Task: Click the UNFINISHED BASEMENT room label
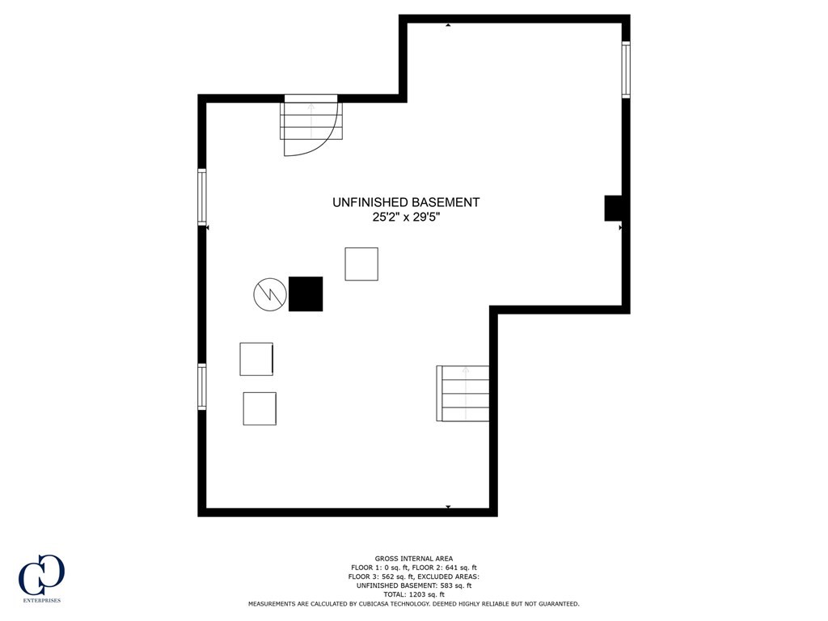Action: (406, 202)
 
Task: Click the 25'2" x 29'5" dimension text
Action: (406, 217)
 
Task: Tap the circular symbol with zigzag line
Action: (270, 294)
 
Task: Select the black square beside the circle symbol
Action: (306, 294)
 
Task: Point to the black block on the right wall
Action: (613, 208)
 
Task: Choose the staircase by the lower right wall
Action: (464, 393)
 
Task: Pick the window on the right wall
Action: (626, 70)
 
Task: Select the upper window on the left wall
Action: (202, 196)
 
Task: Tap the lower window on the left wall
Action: (202, 387)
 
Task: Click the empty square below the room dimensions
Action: (361, 264)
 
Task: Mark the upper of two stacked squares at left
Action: (256, 359)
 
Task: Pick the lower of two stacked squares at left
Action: (260, 408)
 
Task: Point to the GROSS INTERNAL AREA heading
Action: (413, 558)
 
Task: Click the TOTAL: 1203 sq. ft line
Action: (413, 594)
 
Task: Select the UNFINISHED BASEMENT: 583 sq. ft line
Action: (413, 585)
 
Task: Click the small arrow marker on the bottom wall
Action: (449, 507)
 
